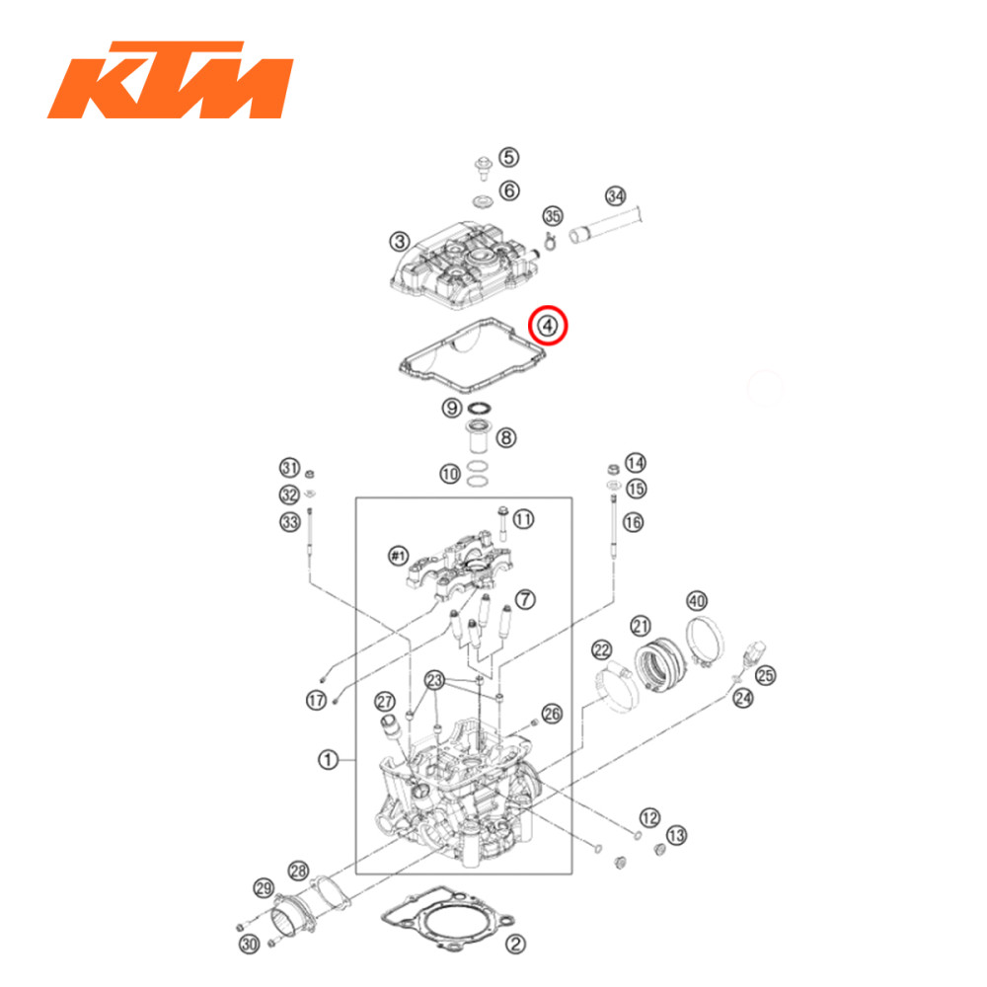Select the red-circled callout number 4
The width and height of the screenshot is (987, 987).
tap(549, 324)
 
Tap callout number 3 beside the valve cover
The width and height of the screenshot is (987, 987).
tap(399, 241)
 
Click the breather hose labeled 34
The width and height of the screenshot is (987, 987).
tap(607, 224)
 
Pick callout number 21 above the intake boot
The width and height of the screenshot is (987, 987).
tap(642, 626)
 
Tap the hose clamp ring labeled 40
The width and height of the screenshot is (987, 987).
tap(707, 632)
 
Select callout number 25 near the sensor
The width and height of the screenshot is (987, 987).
tap(765, 676)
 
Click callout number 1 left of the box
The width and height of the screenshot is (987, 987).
tap(328, 759)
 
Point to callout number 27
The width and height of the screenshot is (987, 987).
tap(384, 702)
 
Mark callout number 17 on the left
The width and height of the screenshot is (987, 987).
tap(315, 701)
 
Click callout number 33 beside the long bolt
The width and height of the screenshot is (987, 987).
tap(289, 522)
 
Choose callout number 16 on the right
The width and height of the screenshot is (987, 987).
tap(633, 521)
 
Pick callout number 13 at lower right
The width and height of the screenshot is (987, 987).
tap(676, 835)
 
